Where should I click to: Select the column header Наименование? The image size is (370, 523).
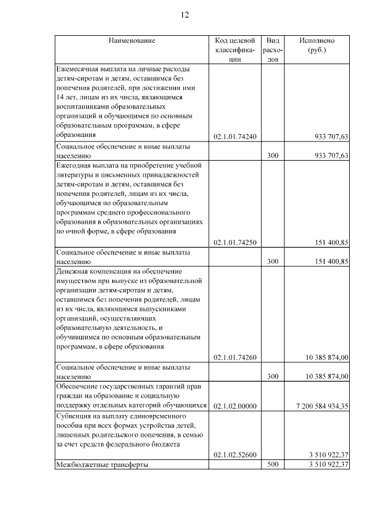click(131, 41)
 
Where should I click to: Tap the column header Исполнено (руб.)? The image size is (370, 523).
click(317, 45)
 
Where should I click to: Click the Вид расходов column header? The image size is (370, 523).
click(273, 50)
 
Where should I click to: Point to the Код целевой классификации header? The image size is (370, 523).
click(234, 50)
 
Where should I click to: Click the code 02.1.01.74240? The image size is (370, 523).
click(234, 136)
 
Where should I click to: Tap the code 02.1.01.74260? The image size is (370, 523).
click(234, 358)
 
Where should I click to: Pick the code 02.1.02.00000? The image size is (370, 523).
click(234, 406)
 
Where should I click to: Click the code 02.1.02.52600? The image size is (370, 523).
click(234, 455)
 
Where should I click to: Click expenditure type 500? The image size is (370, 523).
click(273, 465)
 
